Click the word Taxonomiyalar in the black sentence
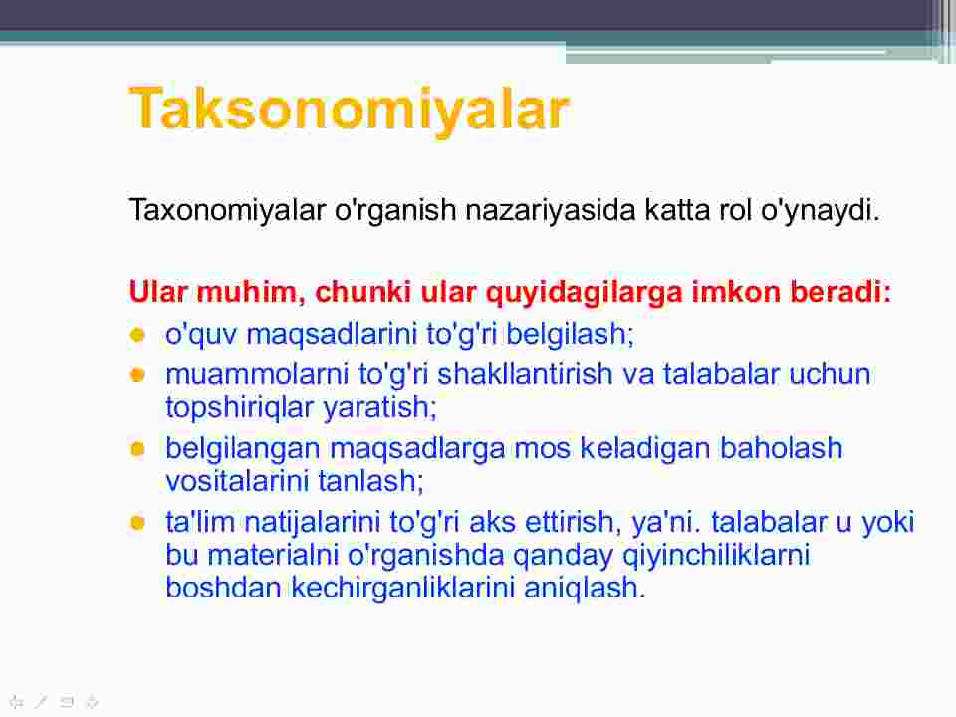(x=227, y=210)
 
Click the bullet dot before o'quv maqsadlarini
(x=137, y=335)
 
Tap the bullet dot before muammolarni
(x=137, y=374)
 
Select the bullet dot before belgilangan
(x=137, y=449)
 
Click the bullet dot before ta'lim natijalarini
(x=137, y=523)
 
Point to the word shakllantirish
(x=525, y=374)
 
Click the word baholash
(x=782, y=448)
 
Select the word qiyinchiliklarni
(x=716, y=556)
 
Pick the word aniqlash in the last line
(x=581, y=589)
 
